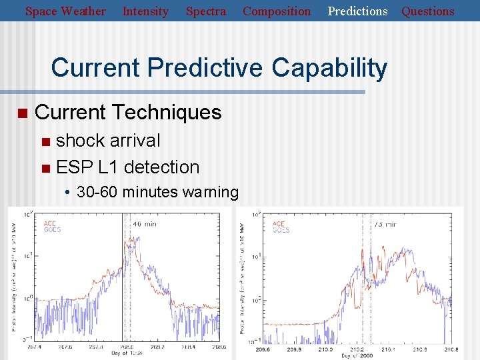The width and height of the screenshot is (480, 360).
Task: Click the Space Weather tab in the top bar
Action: click(65, 11)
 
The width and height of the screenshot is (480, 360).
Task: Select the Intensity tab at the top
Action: click(145, 11)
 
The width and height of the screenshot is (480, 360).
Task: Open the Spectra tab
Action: click(205, 11)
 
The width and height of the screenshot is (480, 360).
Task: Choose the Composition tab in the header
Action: click(277, 11)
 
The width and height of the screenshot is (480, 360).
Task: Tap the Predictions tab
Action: click(357, 11)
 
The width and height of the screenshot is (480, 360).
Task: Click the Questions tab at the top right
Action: click(428, 11)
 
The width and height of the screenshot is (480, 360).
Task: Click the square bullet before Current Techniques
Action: click(23, 113)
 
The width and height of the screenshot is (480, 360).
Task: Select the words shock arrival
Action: click(108, 141)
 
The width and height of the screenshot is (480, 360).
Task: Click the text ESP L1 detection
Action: click(128, 167)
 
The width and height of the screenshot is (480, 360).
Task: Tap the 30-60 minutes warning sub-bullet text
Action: click(157, 193)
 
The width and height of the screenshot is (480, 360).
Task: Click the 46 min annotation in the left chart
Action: click(145, 224)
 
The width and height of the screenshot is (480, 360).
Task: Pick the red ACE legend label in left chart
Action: click(49, 223)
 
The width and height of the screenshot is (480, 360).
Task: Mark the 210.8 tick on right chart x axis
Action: click(451, 349)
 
